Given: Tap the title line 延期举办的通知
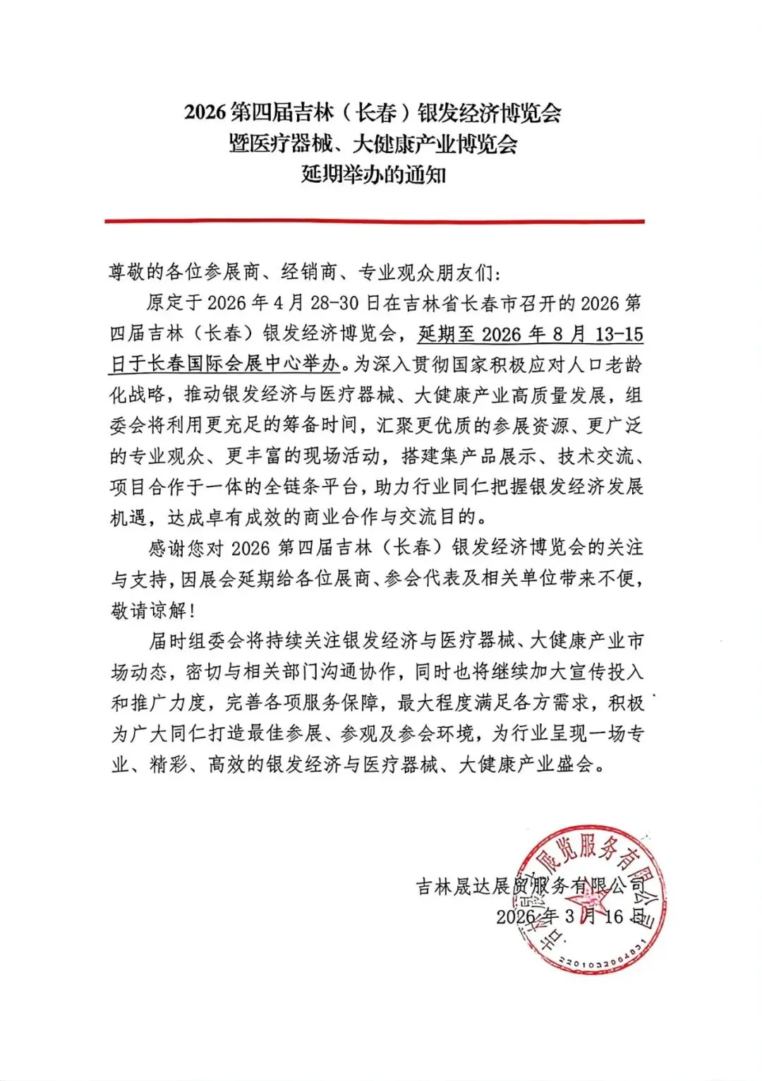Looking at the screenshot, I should [x=373, y=174].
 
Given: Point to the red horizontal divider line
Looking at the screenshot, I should [x=375, y=221].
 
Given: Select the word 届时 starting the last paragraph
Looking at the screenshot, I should [x=167, y=640].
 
